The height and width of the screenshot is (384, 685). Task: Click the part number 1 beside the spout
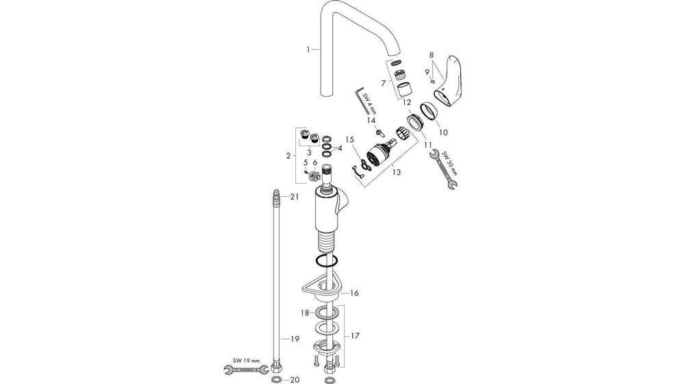click(x=309, y=49)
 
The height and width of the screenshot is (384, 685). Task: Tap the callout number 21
click(x=295, y=197)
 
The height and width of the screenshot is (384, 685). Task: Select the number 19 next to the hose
click(x=295, y=339)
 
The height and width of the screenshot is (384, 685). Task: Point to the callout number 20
click(x=295, y=379)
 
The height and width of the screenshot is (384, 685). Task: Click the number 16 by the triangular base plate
click(x=354, y=293)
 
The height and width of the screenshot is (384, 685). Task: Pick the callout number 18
click(x=306, y=312)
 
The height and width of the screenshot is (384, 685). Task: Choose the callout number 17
click(x=354, y=336)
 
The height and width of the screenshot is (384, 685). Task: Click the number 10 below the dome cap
click(x=443, y=132)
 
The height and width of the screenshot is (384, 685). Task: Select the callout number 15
click(x=349, y=139)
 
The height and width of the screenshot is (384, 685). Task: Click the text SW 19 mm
click(x=242, y=360)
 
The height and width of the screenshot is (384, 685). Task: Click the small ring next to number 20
click(x=275, y=379)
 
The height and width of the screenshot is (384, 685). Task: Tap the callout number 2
click(x=289, y=156)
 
